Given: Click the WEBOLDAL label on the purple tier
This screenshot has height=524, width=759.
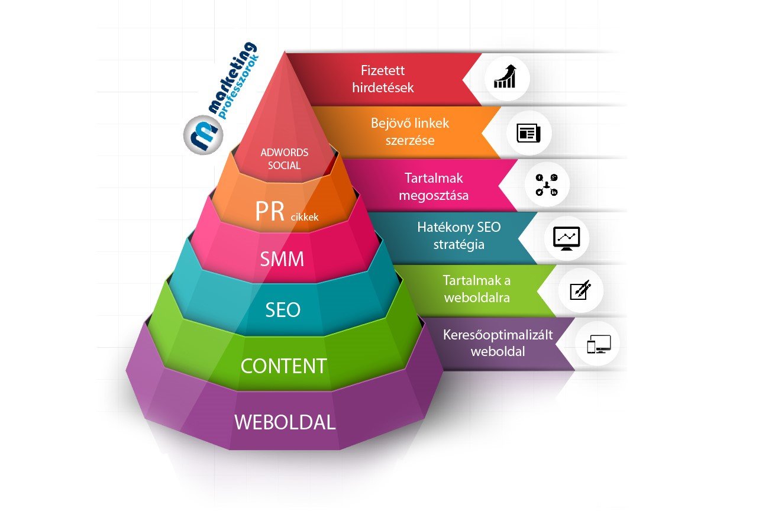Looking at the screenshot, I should tap(285, 423).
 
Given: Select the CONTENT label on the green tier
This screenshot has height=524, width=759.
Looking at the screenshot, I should tap(283, 366).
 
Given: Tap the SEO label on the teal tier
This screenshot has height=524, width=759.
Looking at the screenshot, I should tap(283, 310).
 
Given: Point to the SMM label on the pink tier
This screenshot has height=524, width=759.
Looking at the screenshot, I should tap(283, 259).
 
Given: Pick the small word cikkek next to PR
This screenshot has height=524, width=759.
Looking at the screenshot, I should tap(304, 217).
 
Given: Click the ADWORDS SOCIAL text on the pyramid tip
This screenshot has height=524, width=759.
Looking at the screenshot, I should tap(284, 159).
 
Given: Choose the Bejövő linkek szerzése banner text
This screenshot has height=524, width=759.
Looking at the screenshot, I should tap(410, 132).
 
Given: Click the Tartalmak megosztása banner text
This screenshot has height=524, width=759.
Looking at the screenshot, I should tap(434, 186).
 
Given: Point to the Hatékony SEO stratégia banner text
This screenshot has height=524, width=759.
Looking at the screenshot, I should tap(451, 236).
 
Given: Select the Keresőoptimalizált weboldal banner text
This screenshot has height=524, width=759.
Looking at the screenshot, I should tap(498, 343).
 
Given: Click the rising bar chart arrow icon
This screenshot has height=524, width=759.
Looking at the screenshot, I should tap(505, 78).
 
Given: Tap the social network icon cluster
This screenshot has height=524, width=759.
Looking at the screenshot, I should tap(547, 185).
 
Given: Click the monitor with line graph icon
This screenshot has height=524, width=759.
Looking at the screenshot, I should tap(567, 238).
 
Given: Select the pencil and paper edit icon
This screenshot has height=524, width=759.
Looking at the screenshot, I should tap(580, 290).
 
